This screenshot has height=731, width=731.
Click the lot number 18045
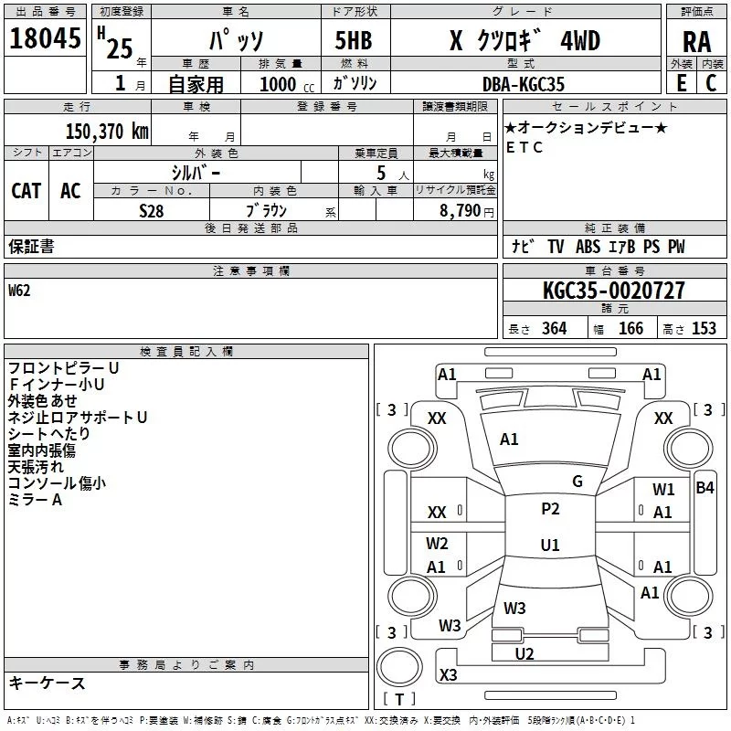tap(45, 38)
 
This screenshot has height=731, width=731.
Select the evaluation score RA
tap(697, 42)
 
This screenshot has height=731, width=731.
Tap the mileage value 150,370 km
tap(107, 132)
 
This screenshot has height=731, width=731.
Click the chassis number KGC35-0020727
tap(614, 291)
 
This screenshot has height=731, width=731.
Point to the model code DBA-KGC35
tap(523, 84)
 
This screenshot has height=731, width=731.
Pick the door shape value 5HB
tap(354, 40)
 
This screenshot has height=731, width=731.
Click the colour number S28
tap(152, 211)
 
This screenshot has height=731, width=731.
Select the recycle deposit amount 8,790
tap(460, 210)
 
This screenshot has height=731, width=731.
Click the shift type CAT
tap(26, 191)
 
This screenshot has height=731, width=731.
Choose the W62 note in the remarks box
tap(19, 291)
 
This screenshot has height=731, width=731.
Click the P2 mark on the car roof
tap(550, 509)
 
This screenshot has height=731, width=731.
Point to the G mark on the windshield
tap(577, 482)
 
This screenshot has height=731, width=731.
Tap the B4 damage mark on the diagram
tap(705, 488)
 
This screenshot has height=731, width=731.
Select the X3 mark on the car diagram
tap(448, 674)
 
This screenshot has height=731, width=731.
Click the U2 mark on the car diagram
tap(524, 653)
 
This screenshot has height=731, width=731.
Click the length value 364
tap(555, 328)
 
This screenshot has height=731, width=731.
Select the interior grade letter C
tap(711, 83)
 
